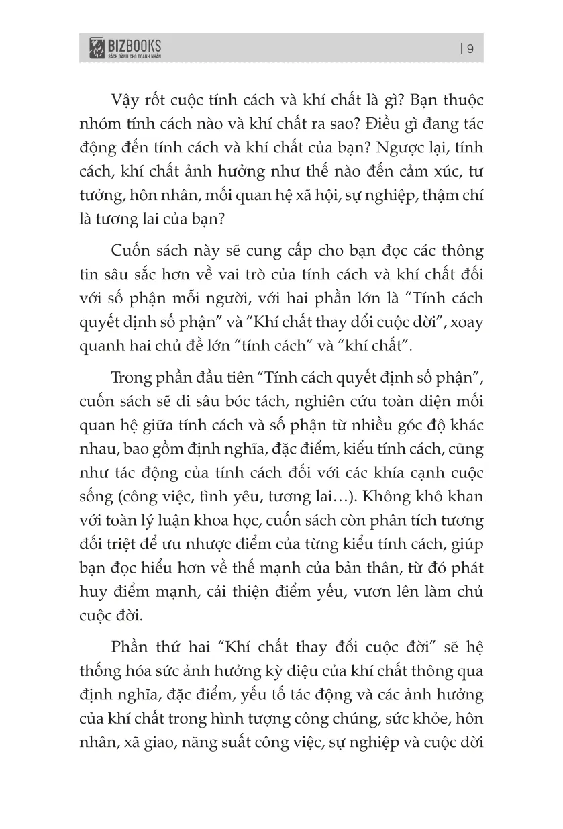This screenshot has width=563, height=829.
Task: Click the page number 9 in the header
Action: (470, 48)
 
